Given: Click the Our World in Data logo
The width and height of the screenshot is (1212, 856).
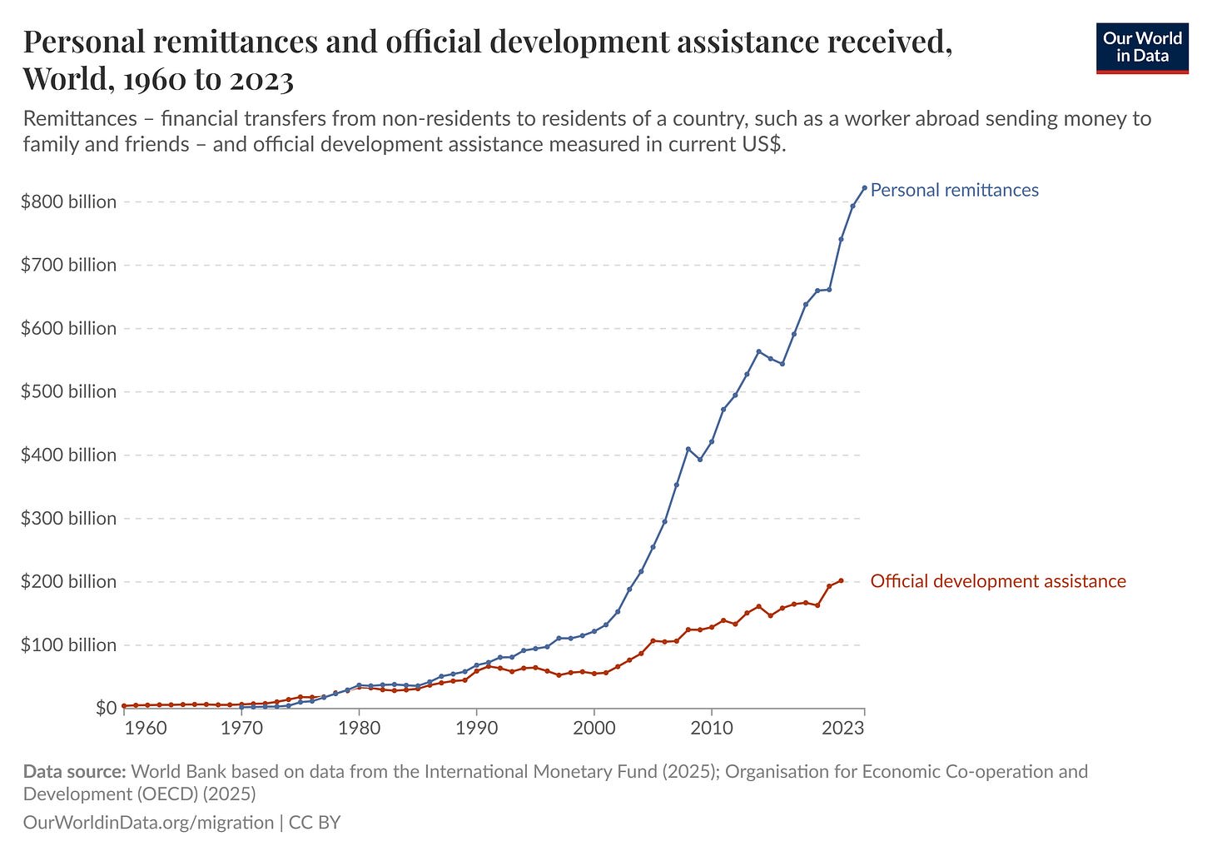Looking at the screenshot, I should click(1142, 48).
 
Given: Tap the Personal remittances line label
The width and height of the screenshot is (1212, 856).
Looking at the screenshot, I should click(954, 190).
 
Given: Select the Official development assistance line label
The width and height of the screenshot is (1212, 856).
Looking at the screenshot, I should click(998, 581).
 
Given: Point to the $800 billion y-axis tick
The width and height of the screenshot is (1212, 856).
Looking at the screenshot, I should click(69, 202).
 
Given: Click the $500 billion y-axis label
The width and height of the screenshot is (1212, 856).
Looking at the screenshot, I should click(69, 391).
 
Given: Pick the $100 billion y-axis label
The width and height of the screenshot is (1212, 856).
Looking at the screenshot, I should click(69, 644).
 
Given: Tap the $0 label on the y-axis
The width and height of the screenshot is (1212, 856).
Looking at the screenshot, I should click(106, 708).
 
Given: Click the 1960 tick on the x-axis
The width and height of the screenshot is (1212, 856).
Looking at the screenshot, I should click(146, 728).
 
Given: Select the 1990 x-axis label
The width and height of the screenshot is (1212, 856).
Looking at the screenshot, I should click(476, 728).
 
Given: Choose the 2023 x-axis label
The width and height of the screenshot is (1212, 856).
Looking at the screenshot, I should click(842, 728).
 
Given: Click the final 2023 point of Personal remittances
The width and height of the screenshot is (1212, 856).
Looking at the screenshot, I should click(864, 188).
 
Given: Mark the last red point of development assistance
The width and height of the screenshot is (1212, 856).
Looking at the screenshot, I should click(841, 580).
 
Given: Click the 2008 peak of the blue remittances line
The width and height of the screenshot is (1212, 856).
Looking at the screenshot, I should click(688, 449).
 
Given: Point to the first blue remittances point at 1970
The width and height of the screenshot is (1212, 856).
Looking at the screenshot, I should click(241, 707).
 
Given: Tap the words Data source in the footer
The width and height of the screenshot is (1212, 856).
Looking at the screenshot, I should click(74, 771).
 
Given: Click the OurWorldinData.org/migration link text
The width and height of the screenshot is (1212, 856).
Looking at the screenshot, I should click(148, 823).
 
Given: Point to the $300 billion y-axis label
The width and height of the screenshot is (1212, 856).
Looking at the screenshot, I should click(69, 518).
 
